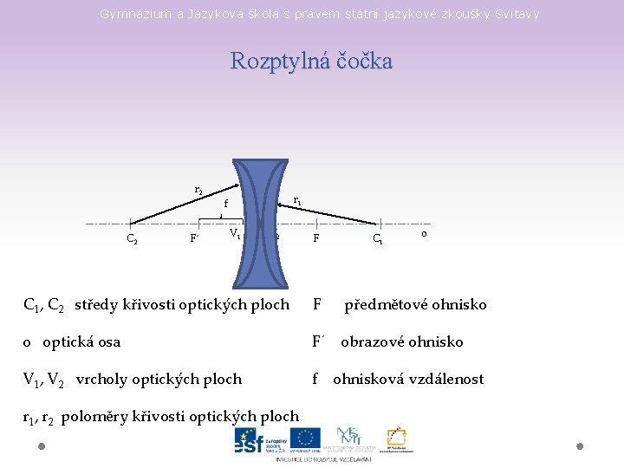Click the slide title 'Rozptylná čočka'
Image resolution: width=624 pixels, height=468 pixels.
[x=311, y=62]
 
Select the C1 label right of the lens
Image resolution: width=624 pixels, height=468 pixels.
[x=379, y=238]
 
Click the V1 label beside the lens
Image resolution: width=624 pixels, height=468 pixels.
[x=236, y=234]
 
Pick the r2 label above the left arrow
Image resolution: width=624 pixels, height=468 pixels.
[x=198, y=189]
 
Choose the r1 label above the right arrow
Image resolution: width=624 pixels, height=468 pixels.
[x=297, y=200]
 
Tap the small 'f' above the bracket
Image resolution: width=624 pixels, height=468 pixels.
[x=225, y=205]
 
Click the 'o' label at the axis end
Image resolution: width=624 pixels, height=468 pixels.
[x=422, y=233]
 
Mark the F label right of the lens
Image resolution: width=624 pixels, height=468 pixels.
[x=317, y=237]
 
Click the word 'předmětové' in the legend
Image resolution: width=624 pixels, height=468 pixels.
[x=381, y=304]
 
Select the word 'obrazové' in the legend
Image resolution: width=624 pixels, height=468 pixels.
[x=370, y=341]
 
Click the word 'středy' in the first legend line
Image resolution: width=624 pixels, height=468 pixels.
[x=98, y=304]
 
